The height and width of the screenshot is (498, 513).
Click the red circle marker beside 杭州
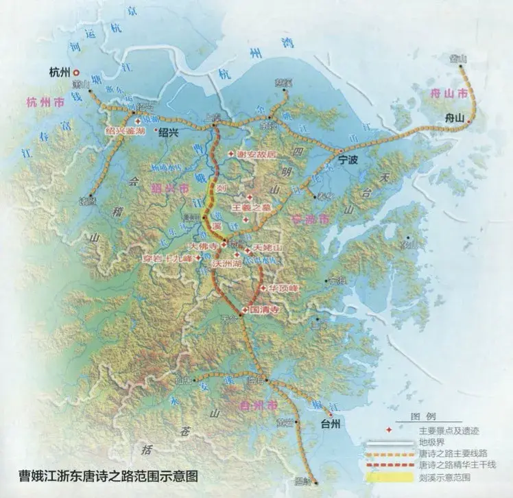point(77,71)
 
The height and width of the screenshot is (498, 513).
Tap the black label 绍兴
point(168,134)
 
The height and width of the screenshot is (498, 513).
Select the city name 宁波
point(350,159)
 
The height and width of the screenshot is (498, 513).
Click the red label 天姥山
point(267,246)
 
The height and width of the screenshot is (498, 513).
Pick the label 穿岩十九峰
point(167,259)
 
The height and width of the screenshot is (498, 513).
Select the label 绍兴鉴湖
point(125,129)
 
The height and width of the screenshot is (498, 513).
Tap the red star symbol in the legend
point(390,430)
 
